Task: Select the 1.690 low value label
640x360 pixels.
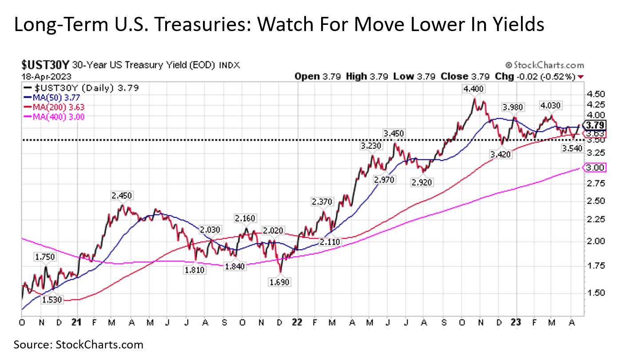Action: click(280, 282)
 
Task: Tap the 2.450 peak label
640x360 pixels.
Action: click(122, 196)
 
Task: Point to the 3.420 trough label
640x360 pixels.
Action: click(501, 154)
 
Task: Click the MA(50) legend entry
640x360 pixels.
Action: click(53, 98)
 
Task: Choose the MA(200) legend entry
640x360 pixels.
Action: click(56, 107)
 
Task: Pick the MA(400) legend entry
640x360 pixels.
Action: click(56, 117)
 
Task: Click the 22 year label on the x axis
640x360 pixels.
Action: click(297, 322)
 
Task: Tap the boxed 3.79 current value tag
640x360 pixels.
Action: click(595, 125)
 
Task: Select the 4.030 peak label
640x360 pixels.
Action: click(550, 106)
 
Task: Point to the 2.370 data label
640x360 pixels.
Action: click(322, 202)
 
